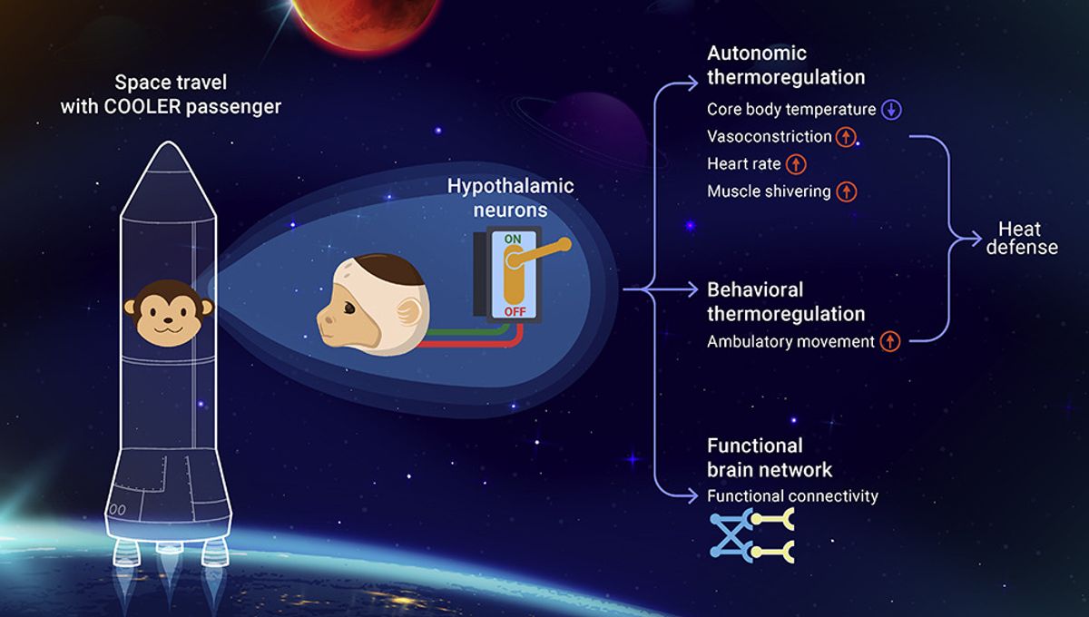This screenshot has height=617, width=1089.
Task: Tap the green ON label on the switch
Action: (514, 240)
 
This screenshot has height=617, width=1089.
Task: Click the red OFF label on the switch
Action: (514, 311)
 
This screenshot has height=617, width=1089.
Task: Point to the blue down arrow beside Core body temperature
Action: (892, 110)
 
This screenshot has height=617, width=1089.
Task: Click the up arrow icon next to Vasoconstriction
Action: (847, 137)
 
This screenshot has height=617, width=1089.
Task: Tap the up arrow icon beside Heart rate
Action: (796, 164)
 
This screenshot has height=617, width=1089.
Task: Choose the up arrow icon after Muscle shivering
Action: (846, 191)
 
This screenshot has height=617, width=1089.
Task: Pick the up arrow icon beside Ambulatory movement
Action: (890, 342)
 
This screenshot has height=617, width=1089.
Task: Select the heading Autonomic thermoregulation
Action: (785, 65)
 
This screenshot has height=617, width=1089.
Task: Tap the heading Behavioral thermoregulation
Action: (785, 302)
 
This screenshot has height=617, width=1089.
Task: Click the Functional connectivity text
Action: (792, 496)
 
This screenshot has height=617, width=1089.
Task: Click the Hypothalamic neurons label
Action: (511, 197)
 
